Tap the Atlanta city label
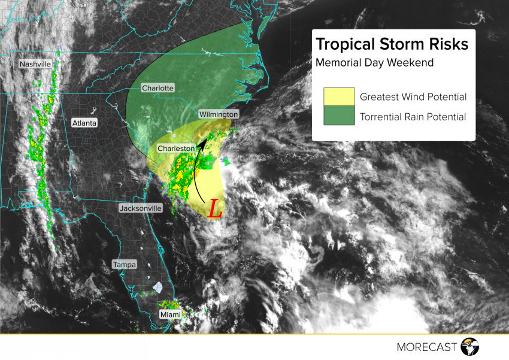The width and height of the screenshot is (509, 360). pyautogui.click(x=84, y=123)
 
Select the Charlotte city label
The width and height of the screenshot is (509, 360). pyautogui.click(x=157, y=88)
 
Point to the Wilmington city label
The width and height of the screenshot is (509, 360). pyautogui.click(x=219, y=114)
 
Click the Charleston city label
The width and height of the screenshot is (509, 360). pyautogui.click(x=176, y=148)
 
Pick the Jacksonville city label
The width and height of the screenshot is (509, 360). pyautogui.click(x=141, y=208)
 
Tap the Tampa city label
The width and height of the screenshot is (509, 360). pyautogui.click(x=125, y=264)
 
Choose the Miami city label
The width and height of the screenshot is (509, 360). pyautogui.click(x=169, y=314)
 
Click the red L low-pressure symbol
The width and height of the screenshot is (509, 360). pyautogui.click(x=215, y=209)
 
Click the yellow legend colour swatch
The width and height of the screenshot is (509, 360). pyautogui.click(x=338, y=97)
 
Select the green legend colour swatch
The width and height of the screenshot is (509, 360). pyautogui.click(x=338, y=117)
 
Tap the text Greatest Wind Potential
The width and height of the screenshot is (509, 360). pyautogui.click(x=413, y=97)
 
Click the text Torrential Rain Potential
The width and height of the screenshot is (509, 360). pyautogui.click(x=413, y=117)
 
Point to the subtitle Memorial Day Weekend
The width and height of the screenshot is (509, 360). pyautogui.click(x=374, y=62)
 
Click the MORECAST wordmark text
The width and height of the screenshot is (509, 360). pyautogui.click(x=427, y=347)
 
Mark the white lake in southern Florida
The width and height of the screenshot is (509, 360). pyautogui.click(x=159, y=288)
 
